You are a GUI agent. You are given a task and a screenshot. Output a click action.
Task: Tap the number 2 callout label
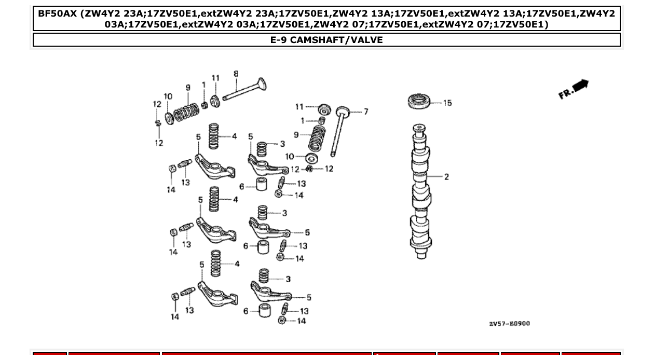click(446, 177)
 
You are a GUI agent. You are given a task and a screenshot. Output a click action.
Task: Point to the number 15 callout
click(447, 103)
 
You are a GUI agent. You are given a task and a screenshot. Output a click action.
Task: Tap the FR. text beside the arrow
click(565, 94)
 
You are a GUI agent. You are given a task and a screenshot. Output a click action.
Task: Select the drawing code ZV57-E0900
click(509, 324)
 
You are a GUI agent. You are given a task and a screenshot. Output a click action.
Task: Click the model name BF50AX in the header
click(57, 13)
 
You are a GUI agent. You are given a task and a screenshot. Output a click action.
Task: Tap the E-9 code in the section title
click(280, 40)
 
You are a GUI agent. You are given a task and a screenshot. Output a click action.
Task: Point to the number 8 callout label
click(236, 74)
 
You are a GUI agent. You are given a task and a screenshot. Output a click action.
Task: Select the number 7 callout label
click(365, 112)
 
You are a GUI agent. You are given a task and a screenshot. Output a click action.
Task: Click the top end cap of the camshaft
click(418, 128)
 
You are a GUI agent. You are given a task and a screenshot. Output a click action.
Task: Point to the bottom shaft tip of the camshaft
click(419, 255)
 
